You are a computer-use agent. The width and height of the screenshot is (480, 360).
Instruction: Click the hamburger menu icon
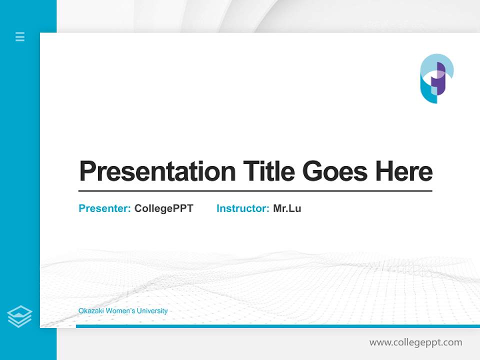pos(20,36)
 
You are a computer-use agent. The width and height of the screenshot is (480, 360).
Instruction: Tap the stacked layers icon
pos(19,316)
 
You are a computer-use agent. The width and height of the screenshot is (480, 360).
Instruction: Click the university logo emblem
pos(436,78)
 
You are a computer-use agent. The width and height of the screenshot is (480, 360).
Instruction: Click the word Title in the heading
pos(269,171)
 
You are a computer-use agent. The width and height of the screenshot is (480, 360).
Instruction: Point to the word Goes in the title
pos(335,171)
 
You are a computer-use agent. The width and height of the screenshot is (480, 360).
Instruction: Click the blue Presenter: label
pos(105,208)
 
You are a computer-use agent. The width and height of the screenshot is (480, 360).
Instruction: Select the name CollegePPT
pos(163,208)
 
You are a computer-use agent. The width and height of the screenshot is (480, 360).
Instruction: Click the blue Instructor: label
pos(243,208)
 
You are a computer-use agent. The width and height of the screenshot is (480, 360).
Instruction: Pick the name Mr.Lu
pos(287,208)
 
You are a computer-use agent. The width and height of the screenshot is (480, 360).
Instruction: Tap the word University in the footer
pos(151,311)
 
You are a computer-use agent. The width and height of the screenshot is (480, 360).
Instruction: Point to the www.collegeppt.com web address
pos(415,342)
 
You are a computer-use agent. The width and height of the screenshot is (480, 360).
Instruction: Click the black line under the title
pos(255,190)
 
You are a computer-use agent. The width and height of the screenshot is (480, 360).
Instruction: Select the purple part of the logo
pos(441,80)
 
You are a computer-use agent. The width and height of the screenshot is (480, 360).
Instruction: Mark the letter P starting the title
pos(88,171)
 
